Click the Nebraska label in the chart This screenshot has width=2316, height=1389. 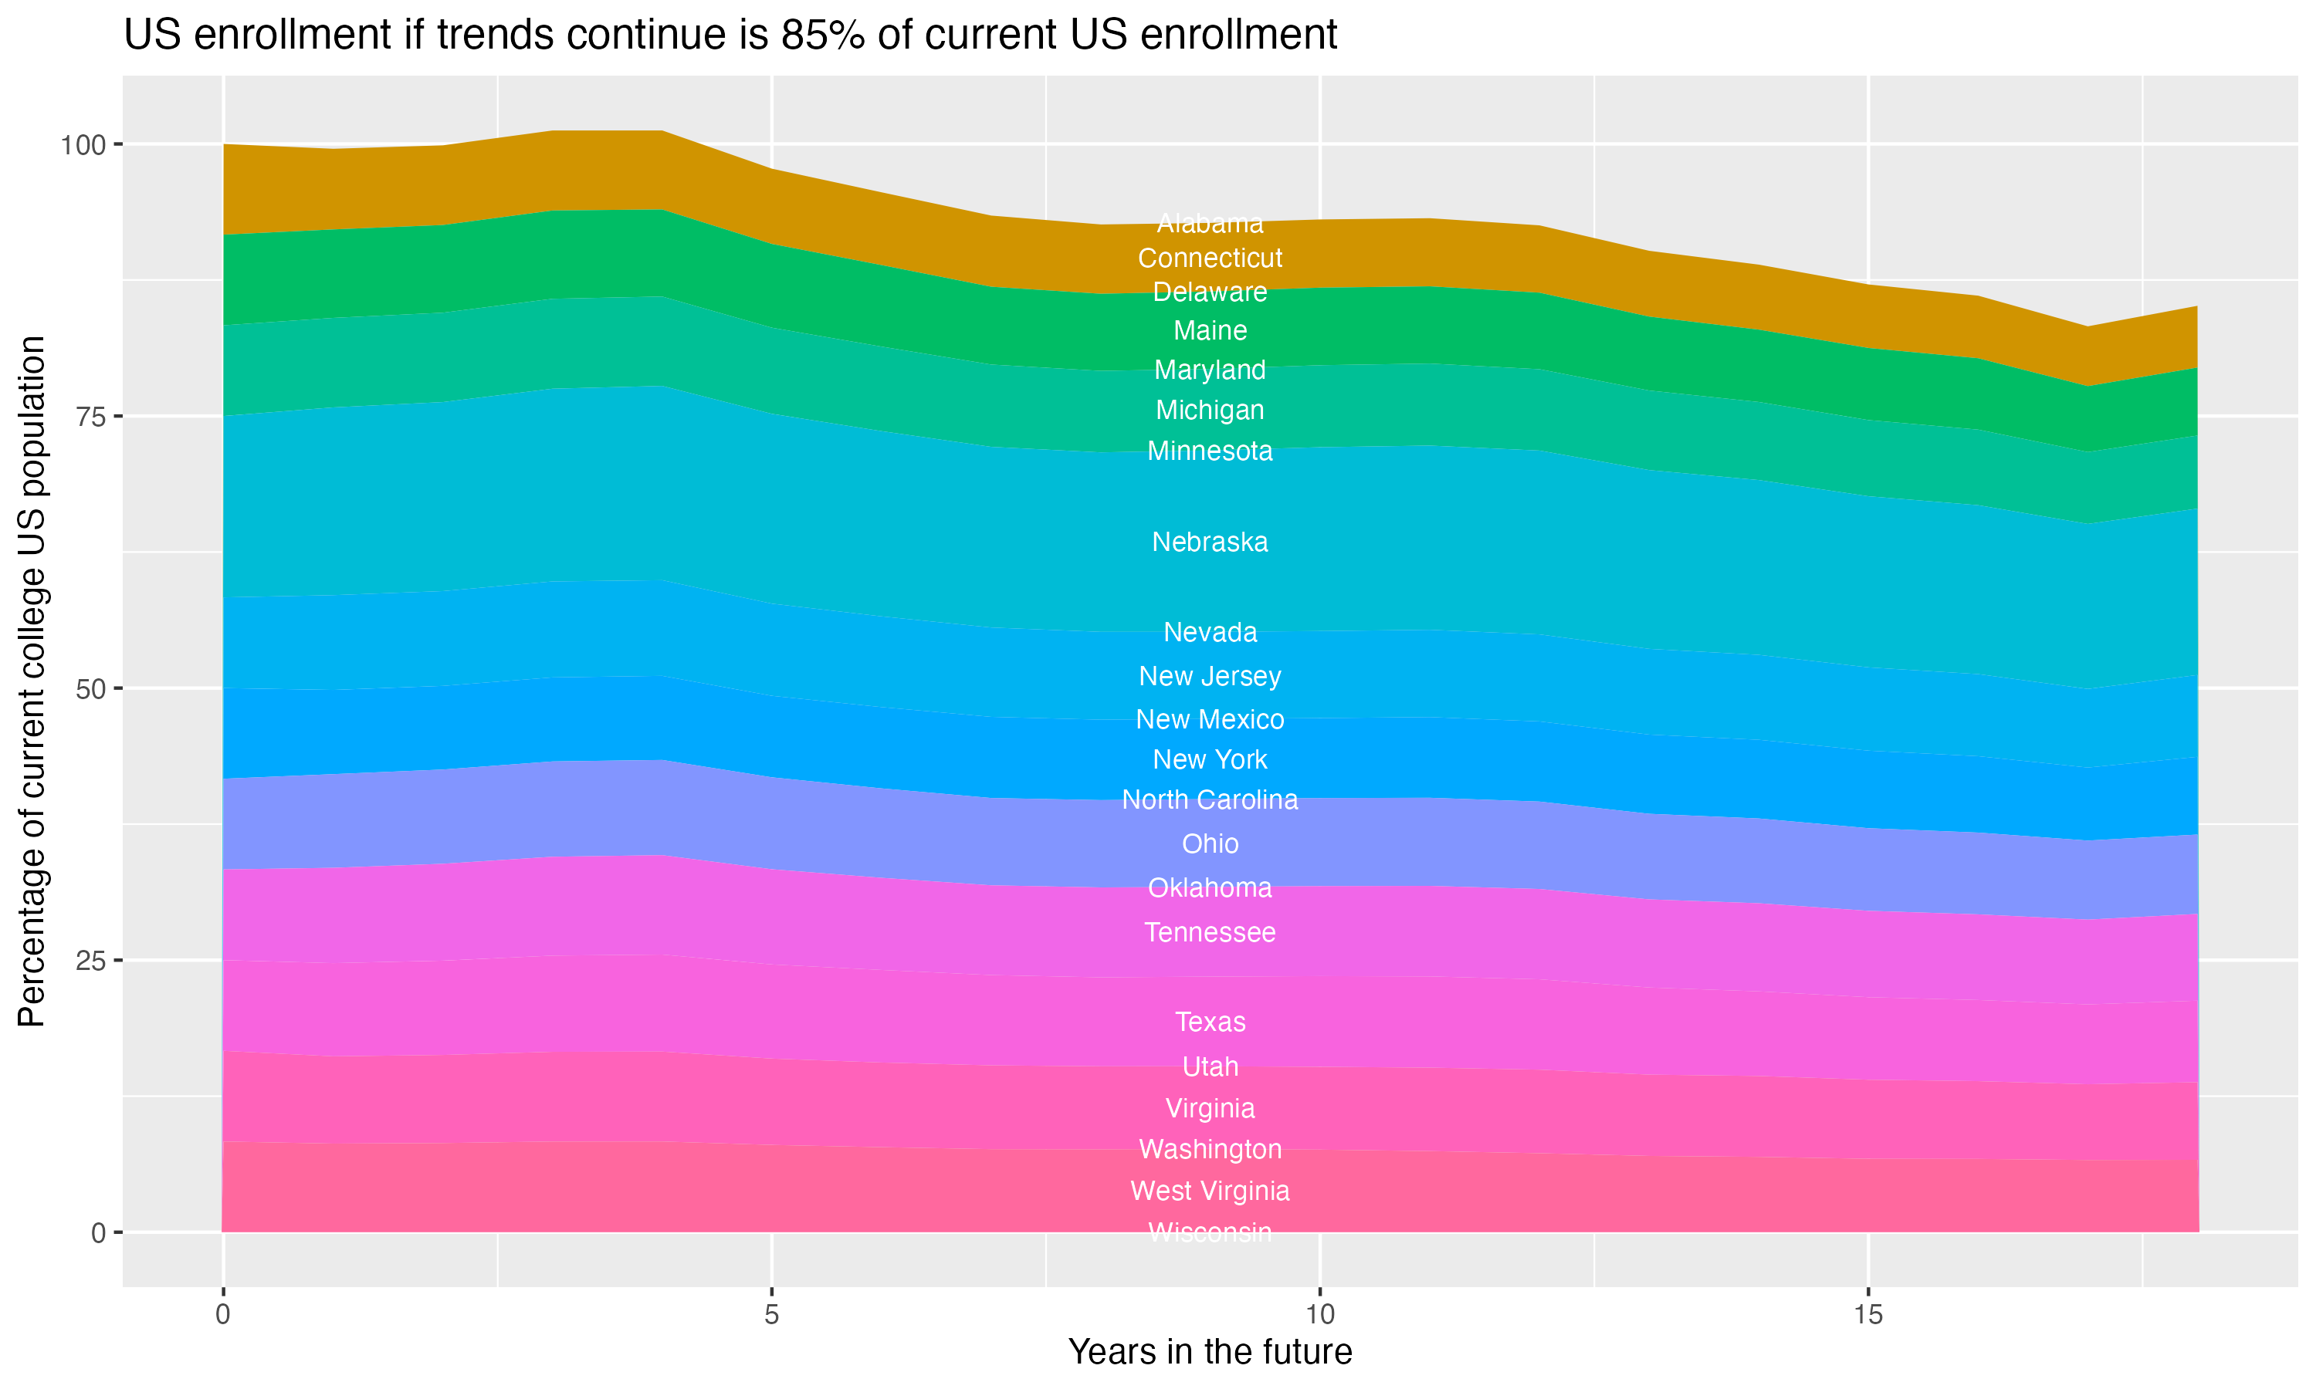point(1210,542)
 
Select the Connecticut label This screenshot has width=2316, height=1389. point(1210,258)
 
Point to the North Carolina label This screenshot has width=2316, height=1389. point(1210,799)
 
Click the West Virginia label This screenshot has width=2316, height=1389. point(1210,1191)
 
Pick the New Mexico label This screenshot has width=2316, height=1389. point(1210,719)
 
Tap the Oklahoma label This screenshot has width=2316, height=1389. point(1210,887)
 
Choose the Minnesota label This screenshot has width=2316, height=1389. point(1210,451)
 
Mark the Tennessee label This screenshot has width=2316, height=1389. point(1210,932)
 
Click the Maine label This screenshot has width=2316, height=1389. point(1210,330)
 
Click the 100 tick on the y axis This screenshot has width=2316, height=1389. point(84,145)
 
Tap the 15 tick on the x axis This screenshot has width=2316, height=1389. point(1867,1315)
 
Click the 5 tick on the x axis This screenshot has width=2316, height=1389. point(770,1315)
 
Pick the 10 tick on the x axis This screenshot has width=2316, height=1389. point(1319,1315)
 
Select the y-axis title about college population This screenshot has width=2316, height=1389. point(32,681)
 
